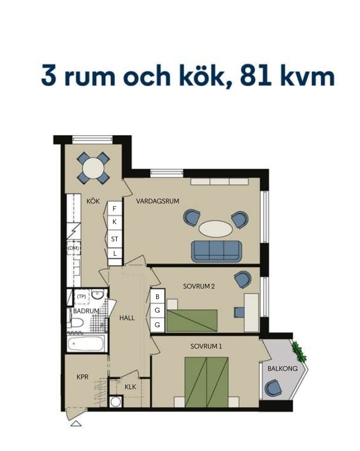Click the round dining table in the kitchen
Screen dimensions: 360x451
[93, 168]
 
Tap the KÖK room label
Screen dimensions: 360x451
[93, 201]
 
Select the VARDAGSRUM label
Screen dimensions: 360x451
[158, 201]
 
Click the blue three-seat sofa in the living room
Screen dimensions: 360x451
[217, 251]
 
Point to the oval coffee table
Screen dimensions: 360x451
[216, 229]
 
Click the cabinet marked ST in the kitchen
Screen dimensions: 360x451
[115, 238]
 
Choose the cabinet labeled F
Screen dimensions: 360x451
[115, 209]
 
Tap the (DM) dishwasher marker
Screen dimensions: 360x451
[74, 248]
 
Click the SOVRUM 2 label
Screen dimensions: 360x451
[199, 286]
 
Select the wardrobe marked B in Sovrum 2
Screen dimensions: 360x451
[157, 296]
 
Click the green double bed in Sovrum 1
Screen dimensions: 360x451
[206, 382]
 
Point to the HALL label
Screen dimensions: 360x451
[127, 318]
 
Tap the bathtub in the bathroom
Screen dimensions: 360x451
[86, 343]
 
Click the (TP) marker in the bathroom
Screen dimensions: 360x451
[82, 296]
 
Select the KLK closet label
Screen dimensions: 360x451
[130, 387]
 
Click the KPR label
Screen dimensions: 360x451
[83, 377]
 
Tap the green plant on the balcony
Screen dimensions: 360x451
[298, 351]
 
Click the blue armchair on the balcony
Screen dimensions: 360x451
[272, 387]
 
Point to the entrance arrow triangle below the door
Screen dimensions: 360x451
[76, 423]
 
